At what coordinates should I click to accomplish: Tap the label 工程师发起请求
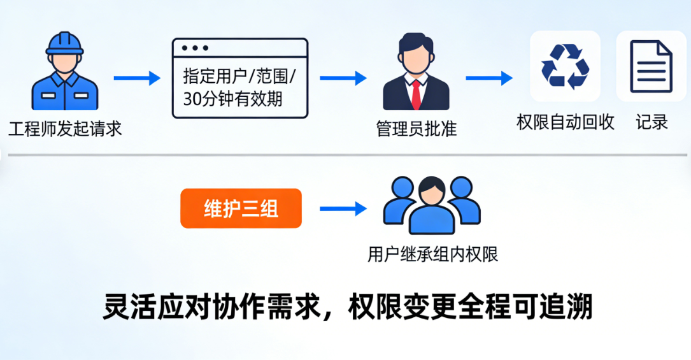click(65, 129)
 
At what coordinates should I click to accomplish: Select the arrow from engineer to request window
click(136, 78)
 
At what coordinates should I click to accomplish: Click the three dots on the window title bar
click(195, 48)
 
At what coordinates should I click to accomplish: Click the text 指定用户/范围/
click(239, 76)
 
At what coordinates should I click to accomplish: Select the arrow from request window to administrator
click(343, 78)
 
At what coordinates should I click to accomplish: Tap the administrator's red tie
click(416, 94)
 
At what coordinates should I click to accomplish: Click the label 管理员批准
click(416, 129)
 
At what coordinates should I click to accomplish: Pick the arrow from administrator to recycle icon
click(488, 78)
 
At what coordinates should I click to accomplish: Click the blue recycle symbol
click(565, 66)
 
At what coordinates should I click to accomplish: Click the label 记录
click(652, 122)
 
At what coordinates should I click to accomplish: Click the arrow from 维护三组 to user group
click(343, 208)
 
